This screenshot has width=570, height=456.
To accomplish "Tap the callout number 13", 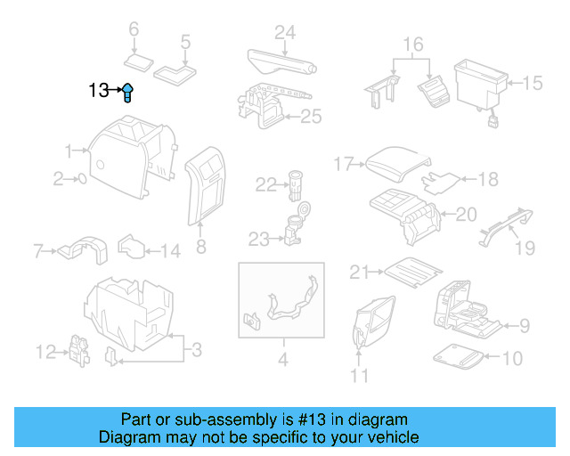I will pos(99,90).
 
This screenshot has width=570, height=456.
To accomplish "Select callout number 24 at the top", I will pos(284,33).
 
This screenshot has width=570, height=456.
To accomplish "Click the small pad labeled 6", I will pos(139,61).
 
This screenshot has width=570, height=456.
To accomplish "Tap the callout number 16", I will pos(412,45).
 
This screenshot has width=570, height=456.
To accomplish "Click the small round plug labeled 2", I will pos(83,179).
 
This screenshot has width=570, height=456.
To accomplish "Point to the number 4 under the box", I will pos(282,361).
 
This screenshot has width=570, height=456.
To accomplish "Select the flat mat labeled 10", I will pos(460,358).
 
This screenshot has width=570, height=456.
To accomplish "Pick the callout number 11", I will pos(359,375).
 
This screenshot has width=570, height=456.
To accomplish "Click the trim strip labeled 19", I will pos(503,224).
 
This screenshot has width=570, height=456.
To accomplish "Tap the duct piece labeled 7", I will pos(79,249).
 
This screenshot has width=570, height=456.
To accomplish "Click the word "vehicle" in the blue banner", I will pos(389,437).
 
